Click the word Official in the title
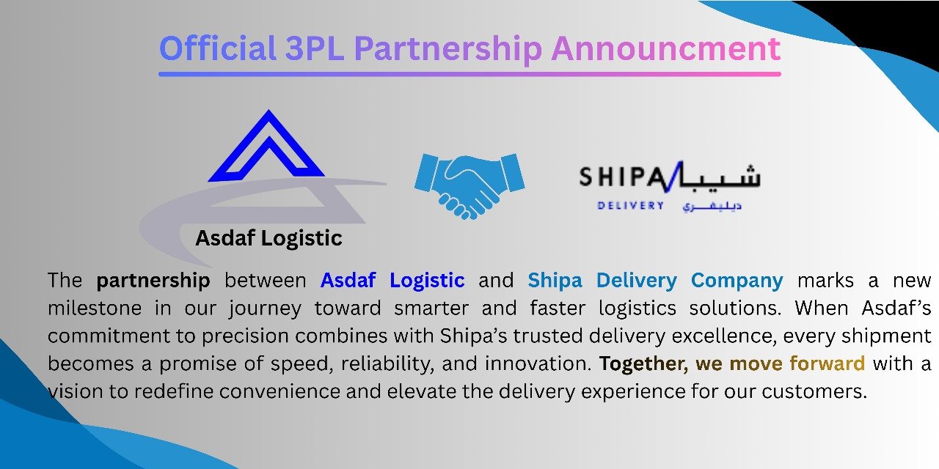[218, 48]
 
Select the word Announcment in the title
[665, 48]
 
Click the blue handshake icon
[469, 186]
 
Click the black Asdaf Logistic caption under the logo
[268, 239]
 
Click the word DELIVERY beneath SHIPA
[631, 206]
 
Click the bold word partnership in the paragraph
[153, 281]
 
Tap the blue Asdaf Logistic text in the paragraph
[392, 281]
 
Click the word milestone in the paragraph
[95, 309]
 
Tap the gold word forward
[827, 363]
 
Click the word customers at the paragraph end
[814, 392]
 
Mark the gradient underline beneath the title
[469, 75]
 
